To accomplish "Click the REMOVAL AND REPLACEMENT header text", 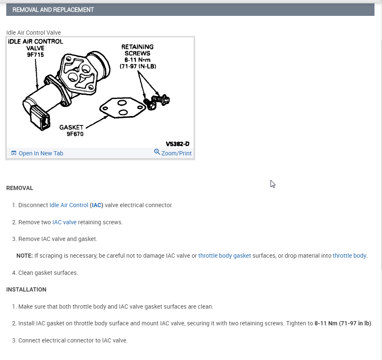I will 53,10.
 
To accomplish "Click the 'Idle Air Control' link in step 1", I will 69,205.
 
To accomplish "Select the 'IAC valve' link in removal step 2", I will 64,222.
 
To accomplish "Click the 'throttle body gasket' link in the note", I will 225,256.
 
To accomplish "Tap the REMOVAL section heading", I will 20,188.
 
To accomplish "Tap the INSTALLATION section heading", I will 26,289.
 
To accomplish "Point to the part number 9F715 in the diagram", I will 35,54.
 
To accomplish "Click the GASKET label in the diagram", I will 71,127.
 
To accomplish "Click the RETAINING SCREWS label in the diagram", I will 137,50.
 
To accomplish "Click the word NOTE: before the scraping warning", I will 25,256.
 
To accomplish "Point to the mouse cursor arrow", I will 273,184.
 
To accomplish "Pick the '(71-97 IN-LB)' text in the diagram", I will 137,66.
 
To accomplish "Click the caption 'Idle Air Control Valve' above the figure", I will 33,33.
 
